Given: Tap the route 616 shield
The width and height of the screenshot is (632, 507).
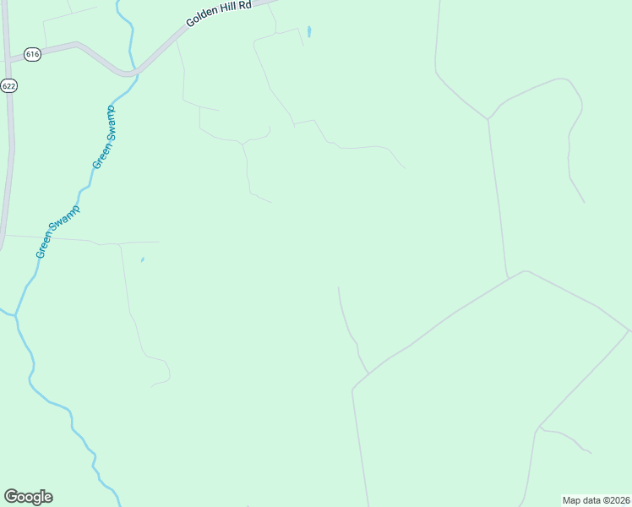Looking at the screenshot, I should pyautogui.click(x=32, y=54).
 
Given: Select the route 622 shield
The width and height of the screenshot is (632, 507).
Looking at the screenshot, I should pyautogui.click(x=9, y=85).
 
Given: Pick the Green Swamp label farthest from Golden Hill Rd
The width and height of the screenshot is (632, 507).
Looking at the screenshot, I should pyautogui.click(x=57, y=232).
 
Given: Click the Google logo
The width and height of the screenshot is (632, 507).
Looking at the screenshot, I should pyautogui.click(x=28, y=497).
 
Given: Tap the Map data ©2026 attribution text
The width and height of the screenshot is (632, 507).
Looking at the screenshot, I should pyautogui.click(x=596, y=499).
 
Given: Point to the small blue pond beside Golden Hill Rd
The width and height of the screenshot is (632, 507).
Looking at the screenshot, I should pyautogui.click(x=309, y=32).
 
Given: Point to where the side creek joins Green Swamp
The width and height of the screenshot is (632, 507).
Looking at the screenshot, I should pyautogui.click(x=15, y=315).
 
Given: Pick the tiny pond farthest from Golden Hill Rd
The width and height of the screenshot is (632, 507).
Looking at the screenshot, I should pyautogui.click(x=142, y=260).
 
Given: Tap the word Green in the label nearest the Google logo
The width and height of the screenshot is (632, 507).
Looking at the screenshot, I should pyautogui.click(x=44, y=247).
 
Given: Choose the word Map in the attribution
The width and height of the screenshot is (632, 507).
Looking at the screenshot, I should pyautogui.click(x=572, y=499).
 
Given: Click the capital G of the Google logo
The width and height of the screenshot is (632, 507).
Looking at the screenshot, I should pyautogui.click(x=11, y=497).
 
